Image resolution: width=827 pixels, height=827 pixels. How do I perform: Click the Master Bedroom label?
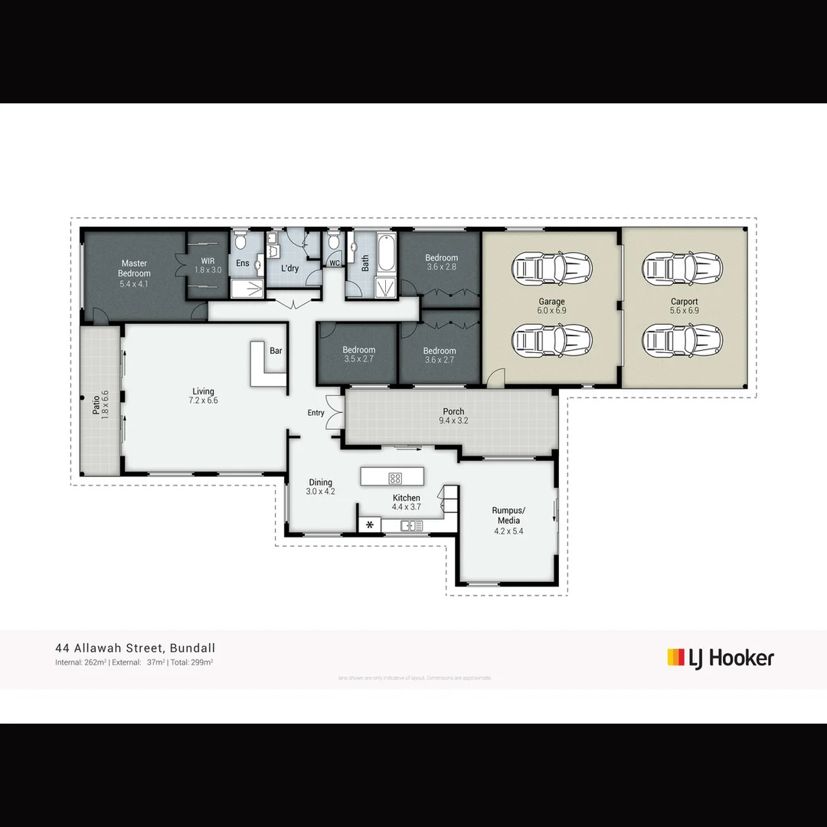[134, 269]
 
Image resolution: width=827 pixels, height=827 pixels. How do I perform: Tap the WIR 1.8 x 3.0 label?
[208, 266]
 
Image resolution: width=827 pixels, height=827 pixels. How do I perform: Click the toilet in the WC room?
[333, 243]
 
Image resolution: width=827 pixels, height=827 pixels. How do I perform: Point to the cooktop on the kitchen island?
[395, 478]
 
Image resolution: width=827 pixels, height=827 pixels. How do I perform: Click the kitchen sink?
[411, 525]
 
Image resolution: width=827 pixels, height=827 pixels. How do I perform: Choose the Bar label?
[276, 351]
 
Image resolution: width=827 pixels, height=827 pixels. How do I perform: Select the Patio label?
[100, 403]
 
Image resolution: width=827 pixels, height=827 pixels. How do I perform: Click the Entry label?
[315, 413]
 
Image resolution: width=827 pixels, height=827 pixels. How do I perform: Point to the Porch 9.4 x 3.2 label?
[453, 416]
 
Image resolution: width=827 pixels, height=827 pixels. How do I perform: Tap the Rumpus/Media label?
[508, 520]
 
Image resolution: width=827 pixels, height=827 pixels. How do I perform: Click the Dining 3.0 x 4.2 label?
[320, 487]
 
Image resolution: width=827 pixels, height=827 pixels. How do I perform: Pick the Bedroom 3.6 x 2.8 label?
[441, 263]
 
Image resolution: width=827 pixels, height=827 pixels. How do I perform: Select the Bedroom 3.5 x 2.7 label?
[359, 355]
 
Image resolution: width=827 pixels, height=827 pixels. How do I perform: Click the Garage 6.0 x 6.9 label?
[551, 306]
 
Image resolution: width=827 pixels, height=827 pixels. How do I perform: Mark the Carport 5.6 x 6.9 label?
[684, 306]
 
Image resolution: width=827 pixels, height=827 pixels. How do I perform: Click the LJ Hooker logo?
[721, 658]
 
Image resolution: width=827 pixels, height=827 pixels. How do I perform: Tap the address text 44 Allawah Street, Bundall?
[135, 648]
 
